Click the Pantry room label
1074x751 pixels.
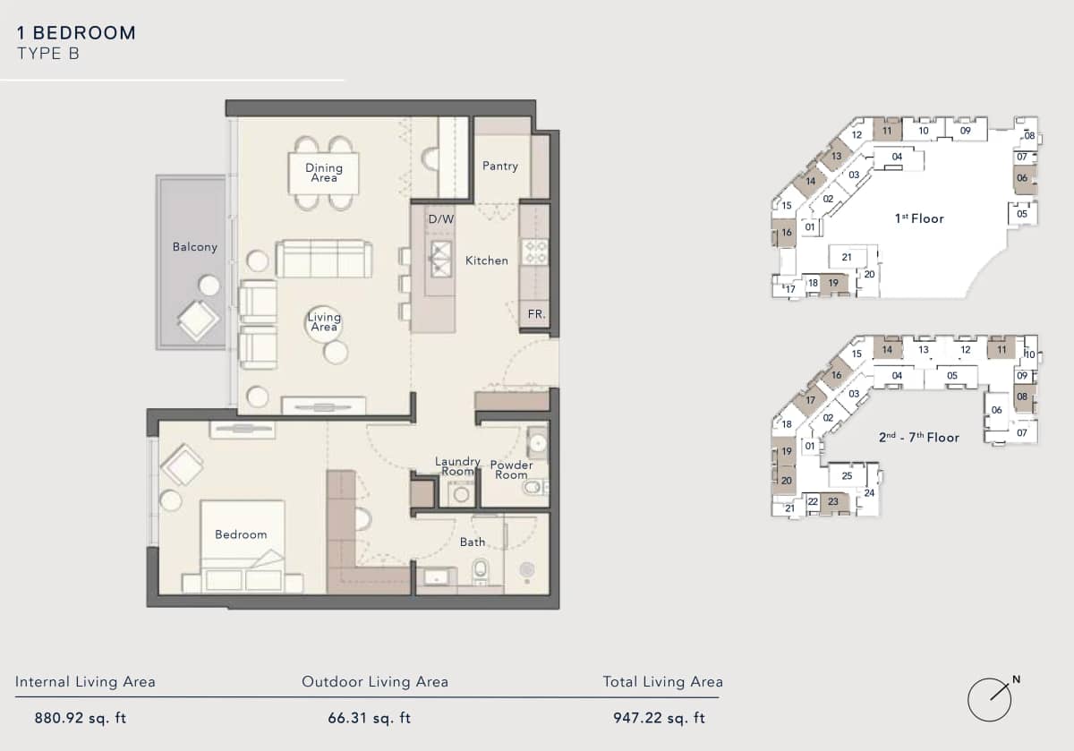click(499, 166)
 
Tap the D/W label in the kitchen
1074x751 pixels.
click(440, 219)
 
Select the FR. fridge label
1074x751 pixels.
click(536, 315)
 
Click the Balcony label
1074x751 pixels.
click(194, 247)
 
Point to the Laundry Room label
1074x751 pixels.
click(457, 466)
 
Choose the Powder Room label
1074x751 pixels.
click(511, 470)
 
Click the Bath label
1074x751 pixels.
click(473, 542)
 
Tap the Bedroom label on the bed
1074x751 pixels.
click(241, 534)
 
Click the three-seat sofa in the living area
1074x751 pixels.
click(323, 259)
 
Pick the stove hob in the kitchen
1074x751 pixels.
click(534, 252)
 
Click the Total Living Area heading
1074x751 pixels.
click(662, 682)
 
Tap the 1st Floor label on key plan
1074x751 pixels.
click(918, 218)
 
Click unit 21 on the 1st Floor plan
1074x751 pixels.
click(847, 258)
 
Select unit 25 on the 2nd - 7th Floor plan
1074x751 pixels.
click(847, 475)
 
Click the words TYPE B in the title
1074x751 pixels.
click(48, 54)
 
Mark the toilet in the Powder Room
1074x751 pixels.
click(533, 488)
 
